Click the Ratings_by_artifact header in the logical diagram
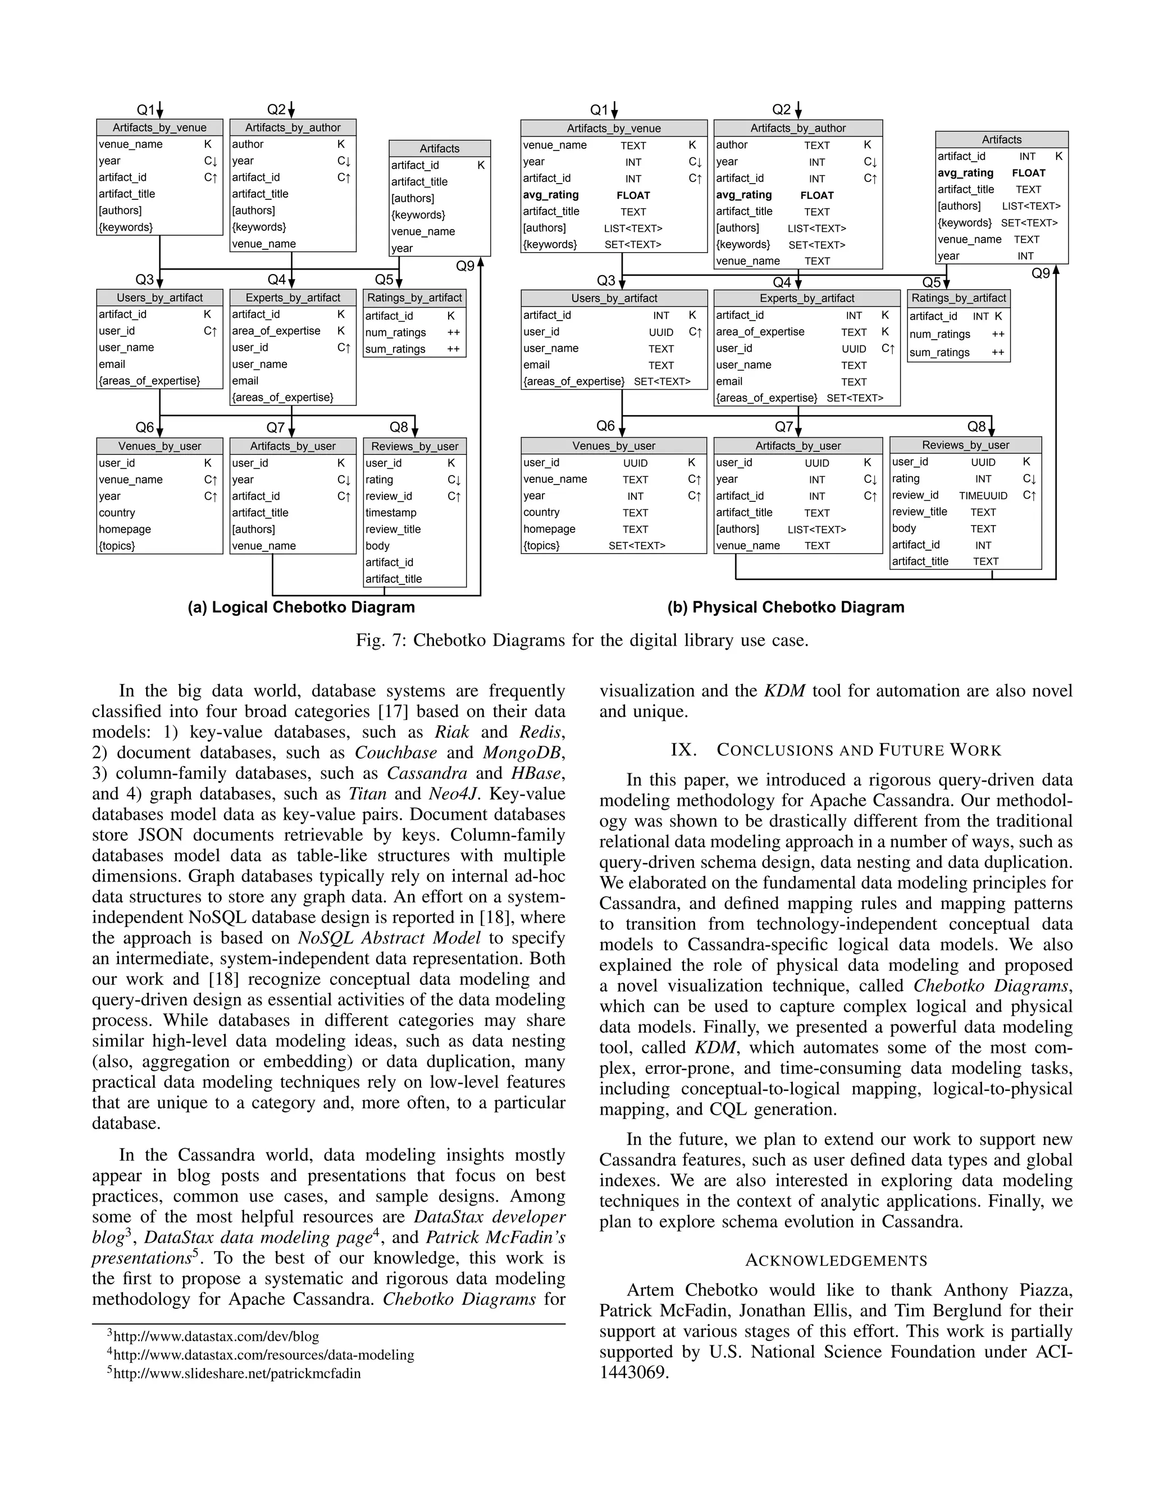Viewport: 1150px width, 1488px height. pyautogui.click(x=414, y=298)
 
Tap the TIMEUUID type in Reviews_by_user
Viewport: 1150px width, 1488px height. pyautogui.click(x=983, y=496)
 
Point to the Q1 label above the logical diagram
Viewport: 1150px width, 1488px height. pyautogui.click(x=146, y=109)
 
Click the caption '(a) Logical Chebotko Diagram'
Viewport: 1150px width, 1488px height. pyautogui.click(x=301, y=608)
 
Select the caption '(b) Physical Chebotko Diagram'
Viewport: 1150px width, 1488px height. pyautogui.click(x=786, y=608)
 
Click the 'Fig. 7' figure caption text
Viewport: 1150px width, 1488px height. pyautogui.click(x=582, y=641)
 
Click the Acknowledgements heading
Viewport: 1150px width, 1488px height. pyautogui.click(x=836, y=1261)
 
